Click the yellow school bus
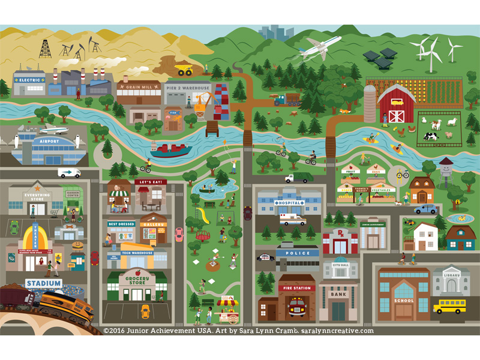coord(449,306)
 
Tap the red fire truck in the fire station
coord(296,306)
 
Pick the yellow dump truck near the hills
coord(184,70)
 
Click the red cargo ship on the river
coord(171,150)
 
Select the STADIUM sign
coord(44,283)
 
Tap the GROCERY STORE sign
coord(137,280)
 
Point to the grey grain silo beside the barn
coord(370,103)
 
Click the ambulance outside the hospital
coord(292,220)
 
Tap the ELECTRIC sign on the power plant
coord(29,80)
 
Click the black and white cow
coord(431,136)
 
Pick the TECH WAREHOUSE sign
coord(137,254)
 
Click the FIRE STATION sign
coord(296,289)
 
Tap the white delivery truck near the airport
coord(69,173)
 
